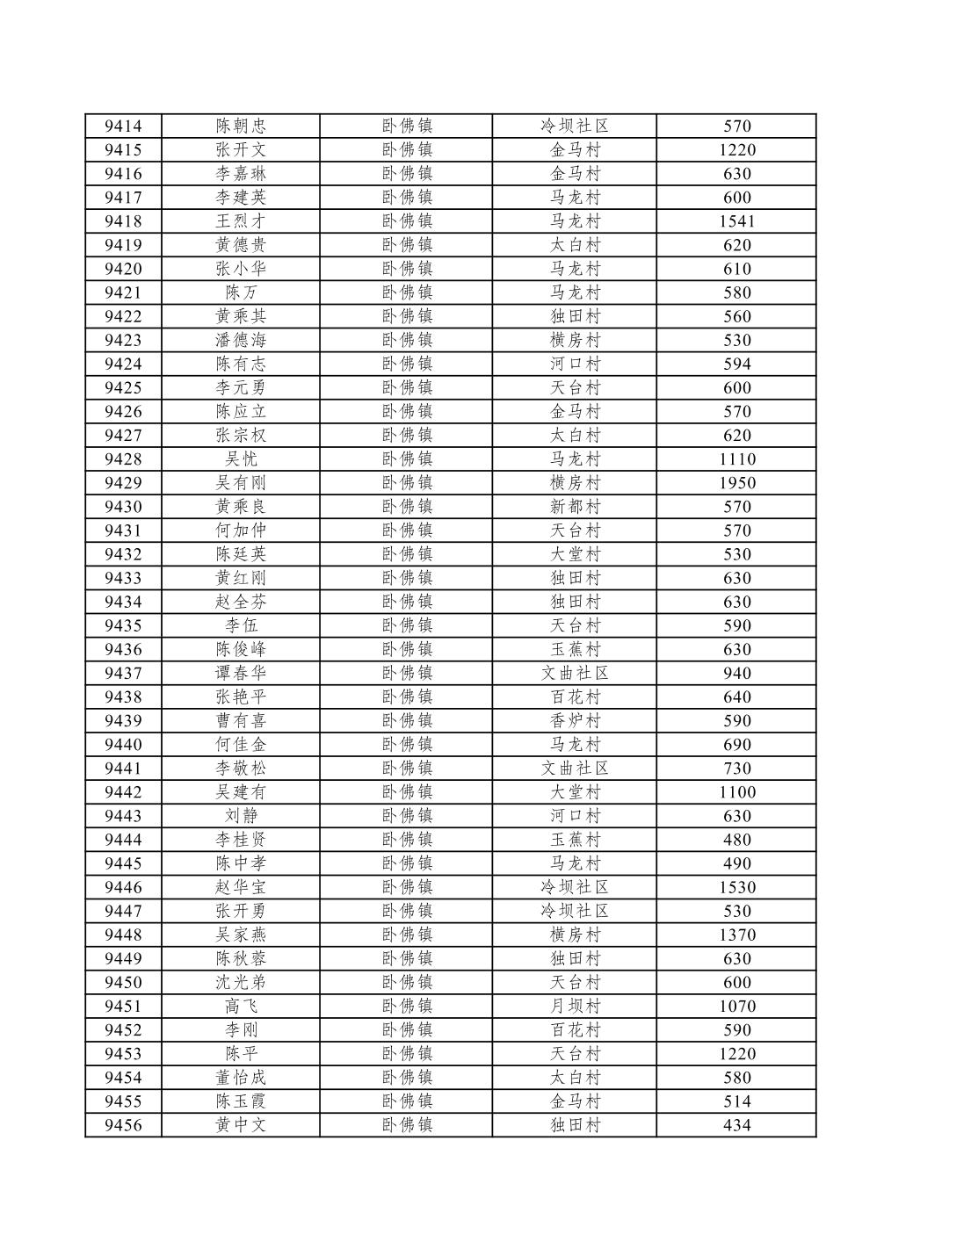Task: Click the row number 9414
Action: point(123,126)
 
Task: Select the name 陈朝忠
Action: point(241,126)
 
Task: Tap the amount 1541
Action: point(736,221)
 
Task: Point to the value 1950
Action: point(736,483)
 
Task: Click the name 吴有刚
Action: point(241,483)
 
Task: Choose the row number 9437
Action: point(123,674)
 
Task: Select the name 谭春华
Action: point(241,674)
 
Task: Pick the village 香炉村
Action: point(575,721)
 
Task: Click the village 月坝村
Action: point(575,1007)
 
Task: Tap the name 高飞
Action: point(241,1007)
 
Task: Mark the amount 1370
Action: point(736,935)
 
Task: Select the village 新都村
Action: point(575,507)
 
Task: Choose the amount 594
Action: point(736,365)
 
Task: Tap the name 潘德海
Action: point(241,341)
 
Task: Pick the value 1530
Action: point(736,888)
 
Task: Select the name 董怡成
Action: point(241,1078)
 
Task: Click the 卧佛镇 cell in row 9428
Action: point(407,459)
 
